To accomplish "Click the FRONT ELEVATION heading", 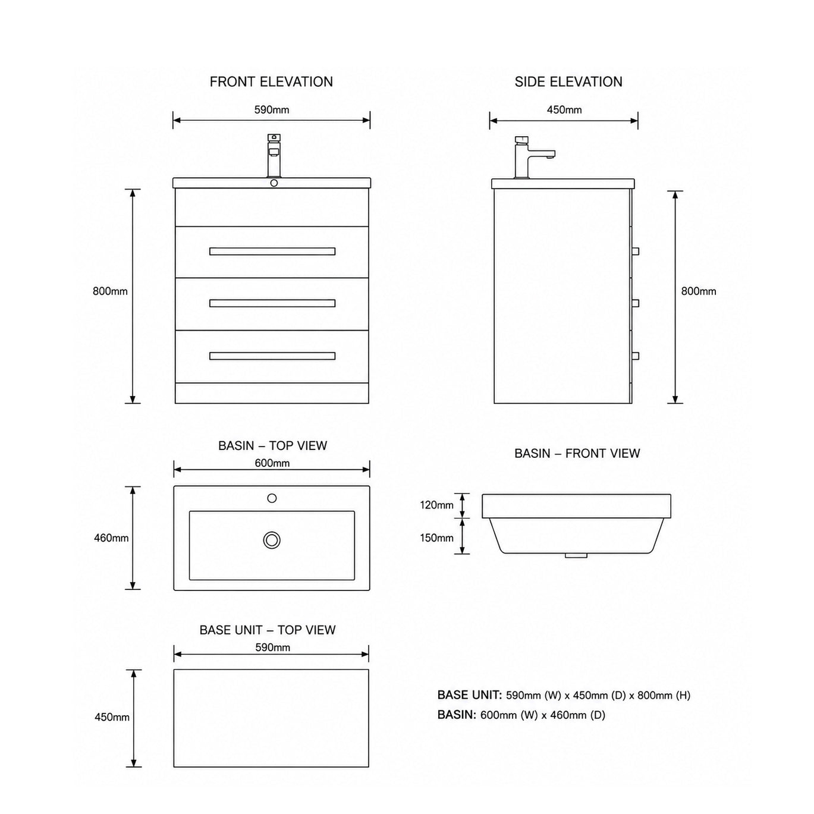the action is click(271, 81).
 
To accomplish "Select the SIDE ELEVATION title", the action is click(568, 81).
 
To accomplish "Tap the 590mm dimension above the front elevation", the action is click(272, 110).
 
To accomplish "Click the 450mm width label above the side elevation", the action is click(564, 110).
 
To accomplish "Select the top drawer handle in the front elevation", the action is click(272, 252).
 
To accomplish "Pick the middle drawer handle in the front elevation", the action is click(272, 303).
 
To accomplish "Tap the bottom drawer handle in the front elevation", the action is click(272, 356).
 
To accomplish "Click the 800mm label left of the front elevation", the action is click(110, 291).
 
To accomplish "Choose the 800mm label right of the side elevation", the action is click(699, 291).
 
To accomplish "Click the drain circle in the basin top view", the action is click(272, 540).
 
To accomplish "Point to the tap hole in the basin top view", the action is click(272, 498).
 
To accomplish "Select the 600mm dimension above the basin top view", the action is click(272, 463).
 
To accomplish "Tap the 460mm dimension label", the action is click(112, 538).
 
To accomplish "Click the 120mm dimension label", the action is click(437, 505).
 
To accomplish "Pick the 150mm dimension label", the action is click(437, 538).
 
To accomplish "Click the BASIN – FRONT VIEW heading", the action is click(577, 453).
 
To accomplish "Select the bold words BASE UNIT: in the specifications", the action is click(470, 695).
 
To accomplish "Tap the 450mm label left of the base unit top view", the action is click(112, 717).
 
